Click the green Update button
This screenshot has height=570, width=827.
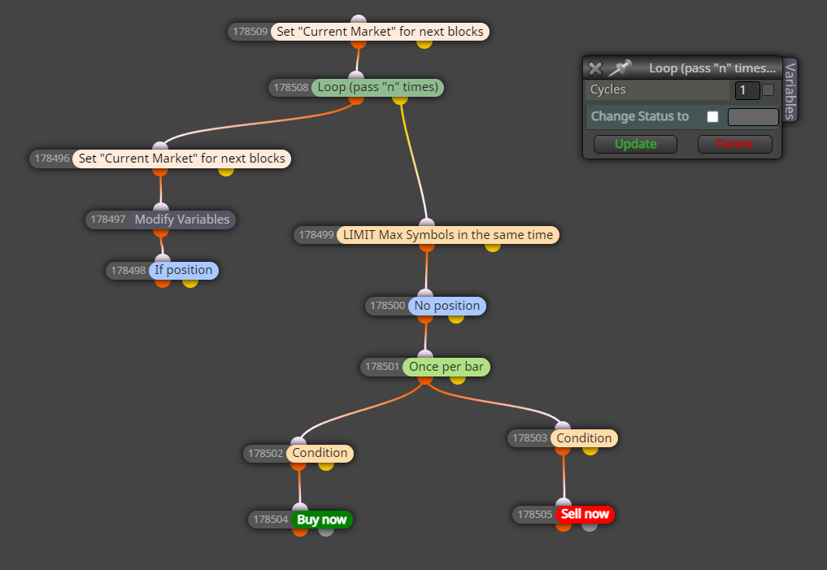tap(635, 144)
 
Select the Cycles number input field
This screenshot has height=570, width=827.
tap(746, 90)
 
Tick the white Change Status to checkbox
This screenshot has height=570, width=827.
tap(712, 116)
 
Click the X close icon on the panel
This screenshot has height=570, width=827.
tap(595, 68)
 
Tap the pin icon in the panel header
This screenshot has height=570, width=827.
tap(620, 67)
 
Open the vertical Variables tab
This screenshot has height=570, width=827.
tap(790, 90)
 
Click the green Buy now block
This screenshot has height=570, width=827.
tap(322, 520)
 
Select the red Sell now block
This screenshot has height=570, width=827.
tap(585, 514)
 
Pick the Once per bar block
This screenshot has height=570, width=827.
tap(446, 367)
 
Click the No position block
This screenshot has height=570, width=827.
tap(446, 306)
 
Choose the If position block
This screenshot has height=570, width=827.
tap(184, 271)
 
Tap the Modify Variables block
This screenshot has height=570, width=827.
tap(182, 220)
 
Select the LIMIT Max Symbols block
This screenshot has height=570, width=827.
tap(448, 235)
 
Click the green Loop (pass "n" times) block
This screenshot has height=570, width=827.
tap(377, 88)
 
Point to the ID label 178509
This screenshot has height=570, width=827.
tap(250, 32)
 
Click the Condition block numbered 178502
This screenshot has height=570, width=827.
tap(320, 454)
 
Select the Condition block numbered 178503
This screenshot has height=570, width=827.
tap(584, 438)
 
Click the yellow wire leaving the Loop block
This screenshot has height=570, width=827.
tap(413, 159)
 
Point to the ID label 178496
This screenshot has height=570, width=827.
tap(52, 159)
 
